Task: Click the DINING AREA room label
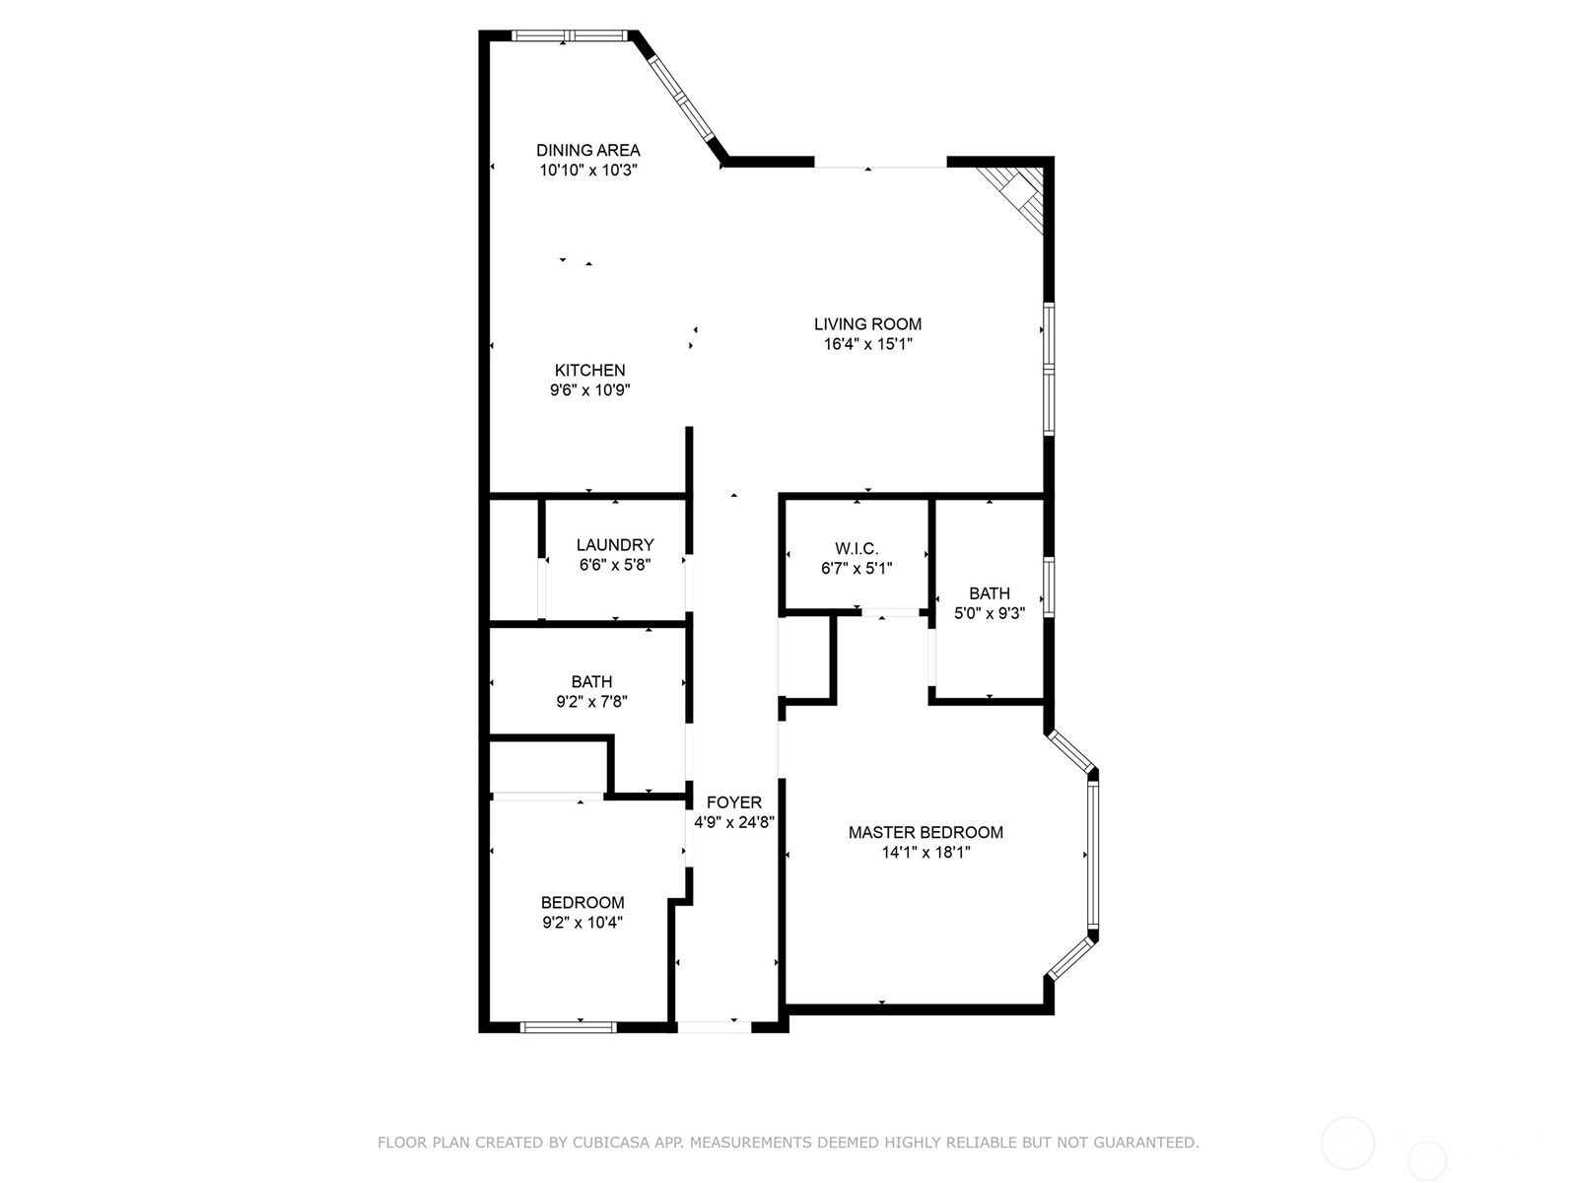pyautogui.click(x=587, y=150)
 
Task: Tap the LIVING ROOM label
pyautogui.click(x=867, y=324)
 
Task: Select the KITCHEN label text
pyautogui.click(x=589, y=370)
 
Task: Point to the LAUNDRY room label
pyautogui.click(x=615, y=544)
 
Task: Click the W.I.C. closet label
pyautogui.click(x=857, y=549)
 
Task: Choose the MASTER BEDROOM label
pyautogui.click(x=926, y=832)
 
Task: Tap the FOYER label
pyautogui.click(x=733, y=802)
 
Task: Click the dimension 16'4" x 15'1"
pyautogui.click(x=868, y=344)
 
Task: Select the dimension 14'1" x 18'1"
pyautogui.click(x=926, y=853)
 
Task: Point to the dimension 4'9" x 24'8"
pyautogui.click(x=733, y=822)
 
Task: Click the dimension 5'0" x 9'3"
pyautogui.click(x=990, y=613)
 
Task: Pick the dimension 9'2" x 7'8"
pyautogui.click(x=592, y=702)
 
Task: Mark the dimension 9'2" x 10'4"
pyautogui.click(x=583, y=923)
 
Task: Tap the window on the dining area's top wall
pyautogui.click(x=570, y=35)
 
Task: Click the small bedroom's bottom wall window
pyautogui.click(x=569, y=1028)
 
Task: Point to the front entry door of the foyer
pyautogui.click(x=715, y=1028)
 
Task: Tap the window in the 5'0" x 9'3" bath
pyautogui.click(x=1049, y=587)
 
